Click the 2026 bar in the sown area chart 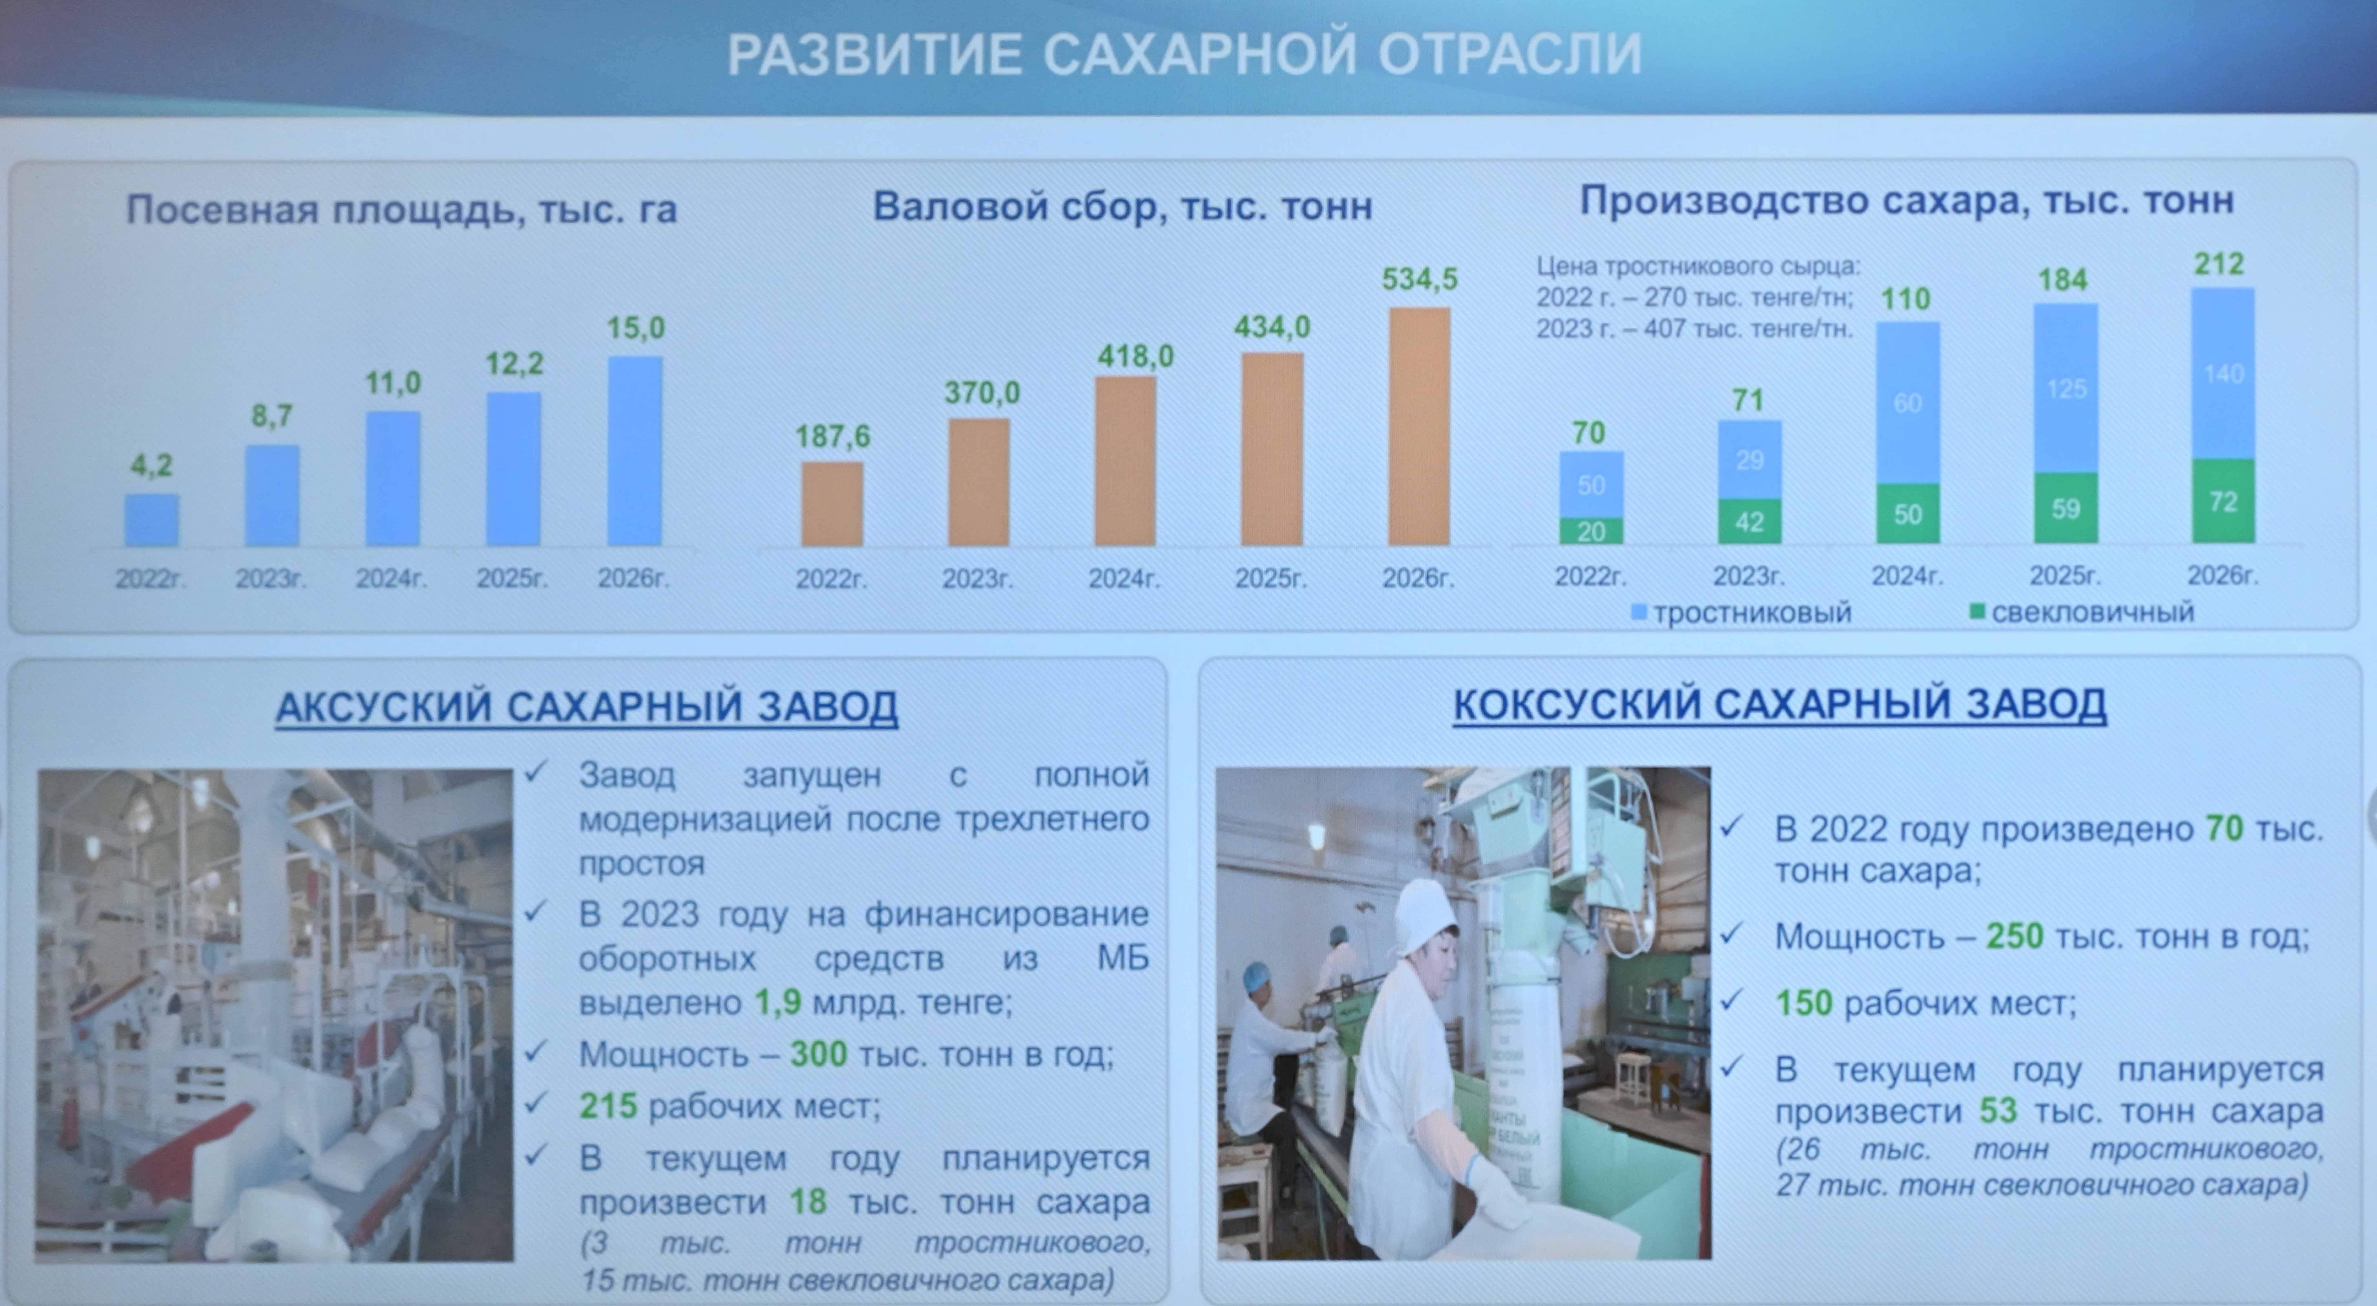point(635,451)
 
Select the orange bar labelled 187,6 point(832,504)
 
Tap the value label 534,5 point(1419,279)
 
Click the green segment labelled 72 point(2223,501)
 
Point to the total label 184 point(2062,279)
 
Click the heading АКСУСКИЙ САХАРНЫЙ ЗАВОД point(587,707)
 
